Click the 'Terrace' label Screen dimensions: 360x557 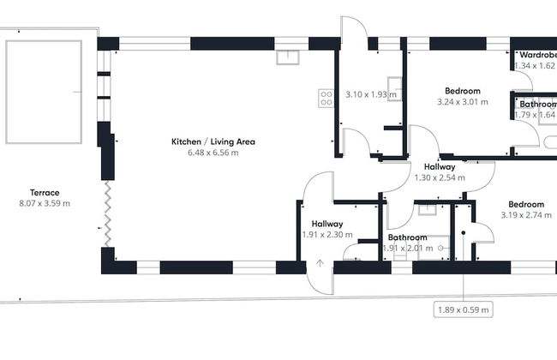[44, 192]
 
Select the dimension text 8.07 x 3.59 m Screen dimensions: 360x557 [44, 203]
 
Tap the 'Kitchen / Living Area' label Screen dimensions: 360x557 [213, 141]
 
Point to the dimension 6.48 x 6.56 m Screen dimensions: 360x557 [213, 153]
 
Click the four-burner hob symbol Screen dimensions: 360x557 [326, 98]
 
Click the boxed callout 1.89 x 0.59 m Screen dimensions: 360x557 [463, 309]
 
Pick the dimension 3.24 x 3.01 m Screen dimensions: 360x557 [462, 101]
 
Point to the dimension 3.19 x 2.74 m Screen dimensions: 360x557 [526, 215]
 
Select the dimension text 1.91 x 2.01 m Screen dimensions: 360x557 [407, 249]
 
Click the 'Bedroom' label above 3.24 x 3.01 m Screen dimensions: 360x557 [462, 90]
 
